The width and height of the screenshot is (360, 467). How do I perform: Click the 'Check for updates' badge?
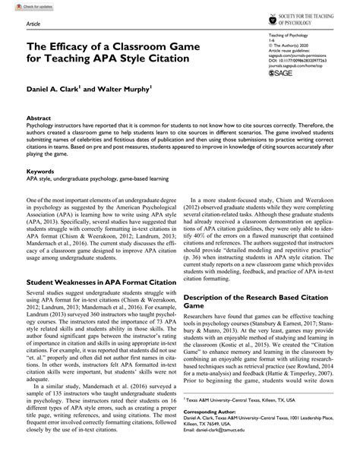24,7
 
